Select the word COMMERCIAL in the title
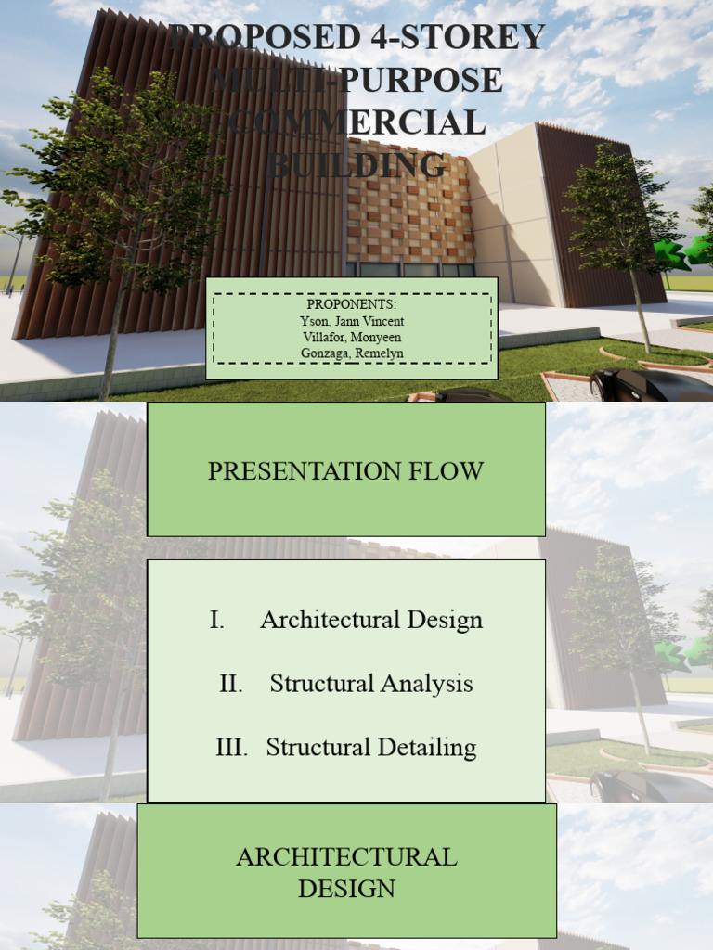[357, 123]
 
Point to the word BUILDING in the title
[357, 166]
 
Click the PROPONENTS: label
[352, 304]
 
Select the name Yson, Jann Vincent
[352, 321]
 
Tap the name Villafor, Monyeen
[352, 337]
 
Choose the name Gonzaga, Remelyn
[352, 353]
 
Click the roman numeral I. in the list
[217, 620]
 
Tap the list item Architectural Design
[371, 620]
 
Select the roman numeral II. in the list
[230, 684]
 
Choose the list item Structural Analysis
[371, 684]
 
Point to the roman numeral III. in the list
[231, 747]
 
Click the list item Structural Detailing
[371, 747]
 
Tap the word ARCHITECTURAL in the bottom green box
[346, 856]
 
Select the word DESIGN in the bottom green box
[346, 888]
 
